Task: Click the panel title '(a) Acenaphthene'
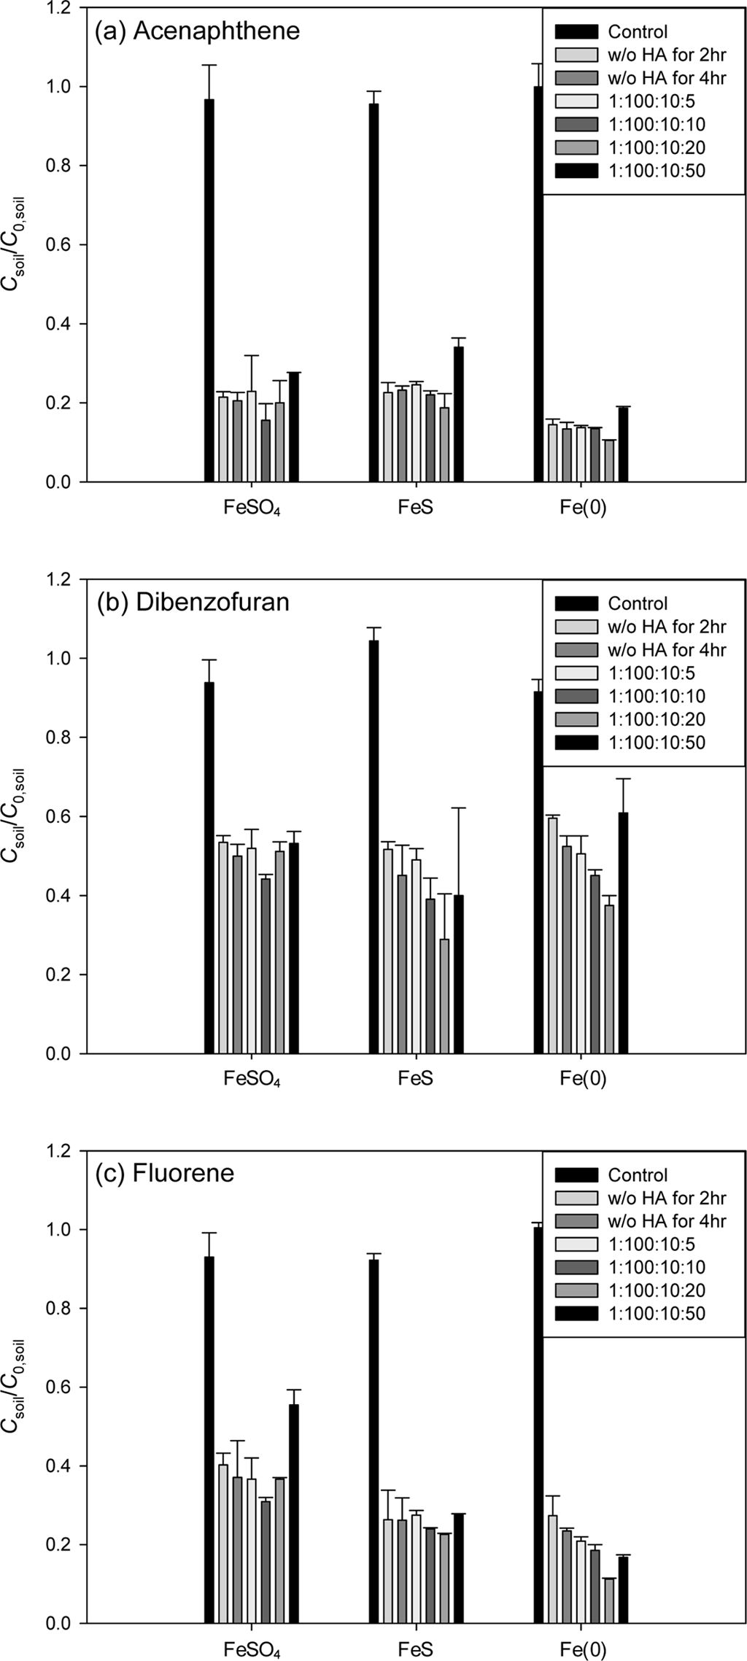click(x=197, y=31)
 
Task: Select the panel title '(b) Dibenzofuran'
click(x=193, y=603)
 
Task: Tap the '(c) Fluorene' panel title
click(x=165, y=1174)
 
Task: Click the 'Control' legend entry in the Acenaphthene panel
click(x=637, y=32)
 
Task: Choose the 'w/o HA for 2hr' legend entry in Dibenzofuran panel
click(x=667, y=627)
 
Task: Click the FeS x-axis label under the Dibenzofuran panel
click(x=416, y=1079)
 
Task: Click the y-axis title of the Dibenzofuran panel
click(x=16, y=816)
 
